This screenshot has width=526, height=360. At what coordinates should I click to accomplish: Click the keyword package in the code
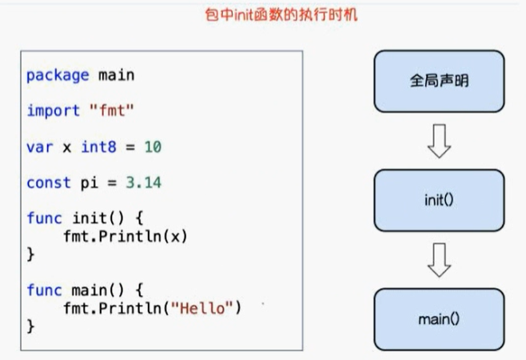(58, 75)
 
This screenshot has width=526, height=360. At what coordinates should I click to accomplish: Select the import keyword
(53, 111)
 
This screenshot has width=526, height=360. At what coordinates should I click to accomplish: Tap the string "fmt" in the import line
(110, 111)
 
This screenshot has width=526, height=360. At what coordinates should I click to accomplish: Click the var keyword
(39, 147)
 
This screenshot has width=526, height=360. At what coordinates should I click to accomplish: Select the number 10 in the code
(153, 147)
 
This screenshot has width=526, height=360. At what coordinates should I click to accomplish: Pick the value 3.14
(144, 183)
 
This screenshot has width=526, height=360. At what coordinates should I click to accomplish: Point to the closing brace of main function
(31, 326)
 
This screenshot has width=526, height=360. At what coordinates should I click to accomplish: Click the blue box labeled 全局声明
(439, 81)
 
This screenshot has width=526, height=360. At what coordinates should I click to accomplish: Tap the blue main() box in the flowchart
(439, 319)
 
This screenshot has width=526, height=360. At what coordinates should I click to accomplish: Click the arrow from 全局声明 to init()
(439, 142)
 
